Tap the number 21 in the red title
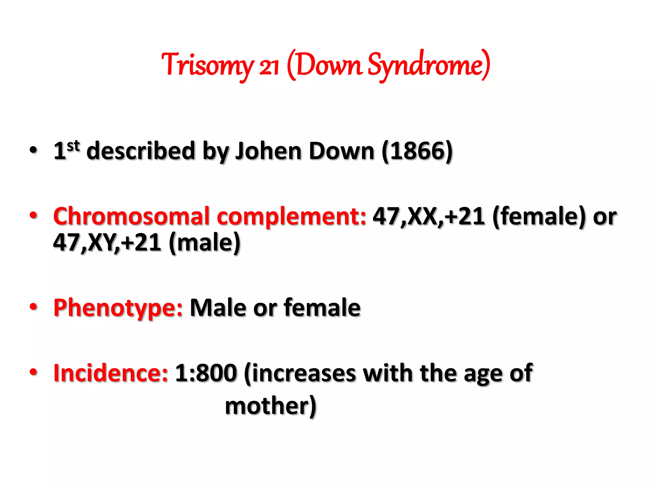click(x=269, y=67)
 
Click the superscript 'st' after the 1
click(x=73, y=146)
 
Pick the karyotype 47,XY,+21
click(x=107, y=243)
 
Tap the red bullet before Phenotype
click(x=33, y=307)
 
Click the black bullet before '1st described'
click(x=33, y=150)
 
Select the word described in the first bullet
click(x=141, y=151)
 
